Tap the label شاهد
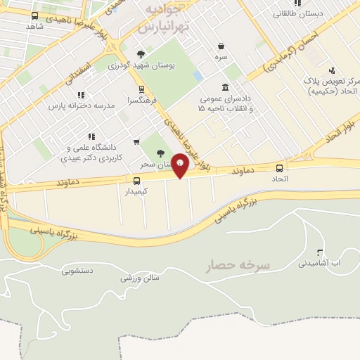(x=34, y=26)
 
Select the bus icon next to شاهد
(x=35, y=15)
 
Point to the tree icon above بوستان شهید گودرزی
(x=141, y=54)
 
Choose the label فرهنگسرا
(x=143, y=101)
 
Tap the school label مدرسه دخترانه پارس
(x=81, y=105)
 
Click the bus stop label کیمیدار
(x=138, y=191)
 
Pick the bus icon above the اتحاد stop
(x=280, y=168)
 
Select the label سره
(x=221, y=58)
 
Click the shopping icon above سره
(x=221, y=46)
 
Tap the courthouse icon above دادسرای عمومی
(x=225, y=87)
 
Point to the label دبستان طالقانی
(x=298, y=13)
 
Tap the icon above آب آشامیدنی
(x=320, y=252)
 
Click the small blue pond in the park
(x=198, y=75)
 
